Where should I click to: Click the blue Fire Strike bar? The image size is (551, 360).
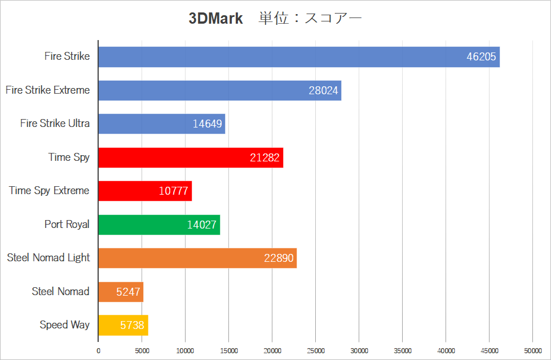(282, 57)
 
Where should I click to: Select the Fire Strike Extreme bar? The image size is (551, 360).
(220, 90)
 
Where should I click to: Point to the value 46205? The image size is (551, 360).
(481, 57)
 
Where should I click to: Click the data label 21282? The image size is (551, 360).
(265, 157)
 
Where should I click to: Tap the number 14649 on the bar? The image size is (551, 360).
(207, 124)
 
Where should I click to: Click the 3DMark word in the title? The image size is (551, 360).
(215, 19)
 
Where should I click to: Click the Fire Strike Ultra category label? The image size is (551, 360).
(55, 124)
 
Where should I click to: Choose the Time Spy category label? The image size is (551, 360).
(69, 157)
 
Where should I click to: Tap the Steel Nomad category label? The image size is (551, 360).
(60, 292)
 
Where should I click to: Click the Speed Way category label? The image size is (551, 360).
(64, 325)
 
